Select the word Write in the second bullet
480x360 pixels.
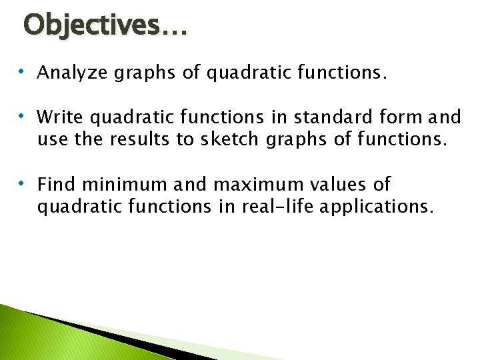pyautogui.click(x=60, y=117)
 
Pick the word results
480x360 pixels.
pyautogui.click(x=131, y=140)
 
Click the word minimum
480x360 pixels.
pyautogui.click(x=119, y=183)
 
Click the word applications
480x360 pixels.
pyautogui.click(x=376, y=207)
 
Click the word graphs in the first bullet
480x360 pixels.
pyautogui.click(x=152, y=73)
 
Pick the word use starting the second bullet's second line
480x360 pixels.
pyautogui.click(x=51, y=140)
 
